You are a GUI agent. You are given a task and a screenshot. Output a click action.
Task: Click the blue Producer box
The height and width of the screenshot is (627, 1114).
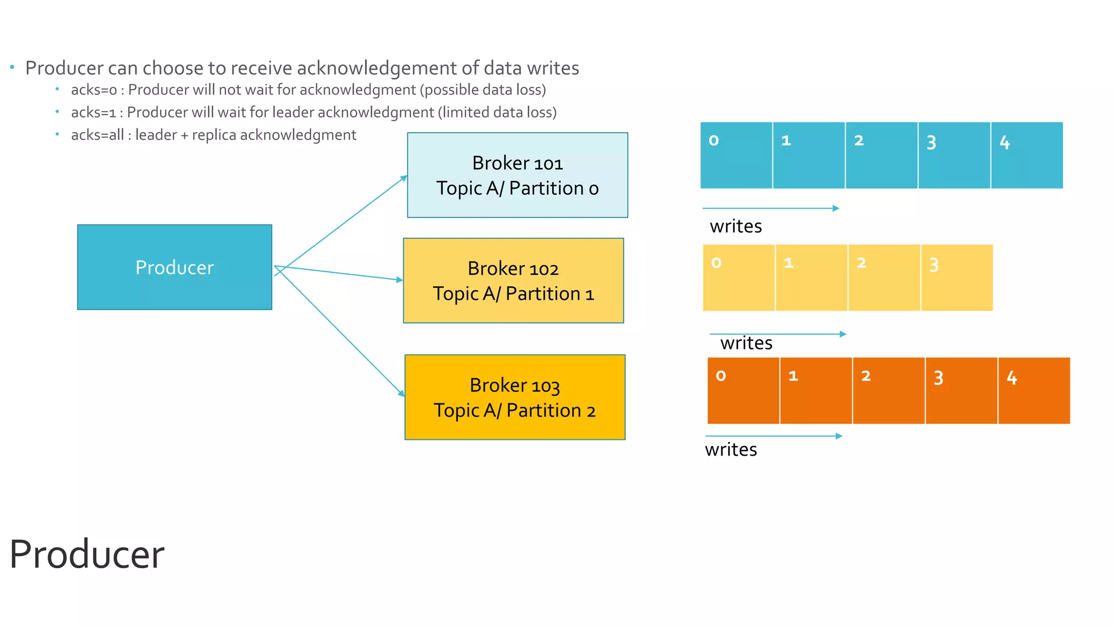coord(174,267)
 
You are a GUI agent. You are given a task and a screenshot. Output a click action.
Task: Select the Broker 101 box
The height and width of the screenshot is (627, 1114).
coord(517,175)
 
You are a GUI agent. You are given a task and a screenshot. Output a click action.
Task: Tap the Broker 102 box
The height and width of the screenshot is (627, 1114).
coord(513,280)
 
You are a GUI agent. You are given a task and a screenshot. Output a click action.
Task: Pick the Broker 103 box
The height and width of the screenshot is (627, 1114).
coord(515,397)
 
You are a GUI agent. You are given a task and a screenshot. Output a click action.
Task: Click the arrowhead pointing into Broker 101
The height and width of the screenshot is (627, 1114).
coord(404,178)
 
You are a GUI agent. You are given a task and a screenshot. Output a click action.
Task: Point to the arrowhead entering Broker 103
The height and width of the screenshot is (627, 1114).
coord(401,393)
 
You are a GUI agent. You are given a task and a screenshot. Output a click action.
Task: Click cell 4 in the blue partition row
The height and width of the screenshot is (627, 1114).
coord(1026,156)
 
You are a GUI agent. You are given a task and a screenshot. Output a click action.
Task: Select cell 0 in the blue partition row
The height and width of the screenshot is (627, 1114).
coord(736,156)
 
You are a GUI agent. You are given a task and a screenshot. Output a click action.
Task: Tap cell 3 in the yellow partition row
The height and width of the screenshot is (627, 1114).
coord(957,278)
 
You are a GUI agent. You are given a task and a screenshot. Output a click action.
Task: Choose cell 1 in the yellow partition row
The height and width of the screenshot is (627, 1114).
coord(811,278)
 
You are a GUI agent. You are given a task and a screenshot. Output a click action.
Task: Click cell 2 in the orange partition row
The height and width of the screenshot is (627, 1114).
coord(888,391)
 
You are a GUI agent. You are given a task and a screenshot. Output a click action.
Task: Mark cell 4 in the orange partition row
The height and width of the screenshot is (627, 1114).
coord(1033,391)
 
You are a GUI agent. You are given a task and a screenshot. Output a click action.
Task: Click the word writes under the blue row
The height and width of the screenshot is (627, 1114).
coord(735,226)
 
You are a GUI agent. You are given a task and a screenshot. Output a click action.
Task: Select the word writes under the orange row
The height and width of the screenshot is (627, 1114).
coord(731,450)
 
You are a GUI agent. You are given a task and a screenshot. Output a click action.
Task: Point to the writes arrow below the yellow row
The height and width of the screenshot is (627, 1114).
coord(778,334)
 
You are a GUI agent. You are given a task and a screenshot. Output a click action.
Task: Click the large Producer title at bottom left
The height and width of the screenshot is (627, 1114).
coord(87,555)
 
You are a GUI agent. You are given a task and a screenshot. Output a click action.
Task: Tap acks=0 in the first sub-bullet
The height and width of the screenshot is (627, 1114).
coord(94,90)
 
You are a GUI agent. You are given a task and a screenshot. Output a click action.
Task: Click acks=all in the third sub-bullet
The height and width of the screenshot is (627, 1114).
coord(97,135)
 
